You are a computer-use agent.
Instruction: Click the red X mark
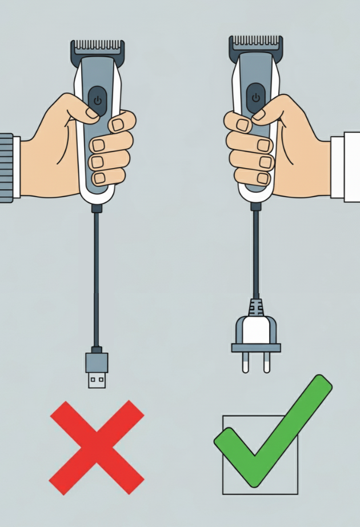click(97, 447)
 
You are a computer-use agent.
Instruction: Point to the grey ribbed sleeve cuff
click(6, 167)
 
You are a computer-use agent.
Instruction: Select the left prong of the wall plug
click(246, 362)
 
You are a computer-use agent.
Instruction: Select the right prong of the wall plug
click(266, 362)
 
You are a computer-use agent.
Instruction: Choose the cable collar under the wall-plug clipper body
click(255, 206)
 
